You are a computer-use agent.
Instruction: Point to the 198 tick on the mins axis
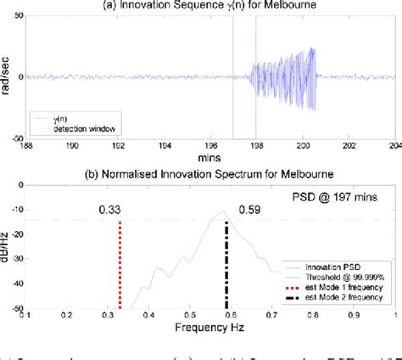[255, 146]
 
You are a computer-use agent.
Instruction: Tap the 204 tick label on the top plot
[394, 146]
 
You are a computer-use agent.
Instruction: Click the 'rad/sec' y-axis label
[8, 77]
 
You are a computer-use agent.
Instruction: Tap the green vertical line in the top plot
[256, 76]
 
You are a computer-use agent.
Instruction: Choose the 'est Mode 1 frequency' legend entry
[347, 289]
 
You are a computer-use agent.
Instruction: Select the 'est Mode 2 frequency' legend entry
[347, 299]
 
